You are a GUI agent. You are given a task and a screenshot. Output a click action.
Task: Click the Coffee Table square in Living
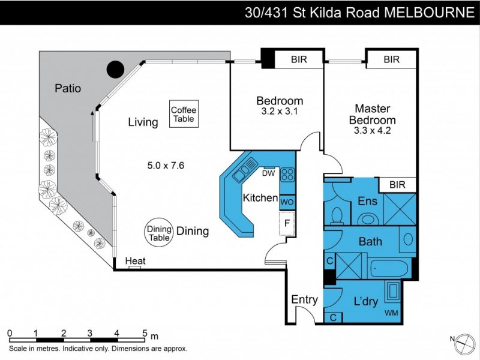point(184,114)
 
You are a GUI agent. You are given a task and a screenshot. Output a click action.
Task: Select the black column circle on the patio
point(115,70)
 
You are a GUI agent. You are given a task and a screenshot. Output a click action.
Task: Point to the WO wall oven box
point(287,202)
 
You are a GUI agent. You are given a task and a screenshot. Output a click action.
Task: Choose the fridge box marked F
point(287,224)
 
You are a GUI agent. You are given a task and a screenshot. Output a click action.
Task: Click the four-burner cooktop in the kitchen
point(287,175)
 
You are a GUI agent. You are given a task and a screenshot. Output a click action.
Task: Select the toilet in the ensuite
point(337,214)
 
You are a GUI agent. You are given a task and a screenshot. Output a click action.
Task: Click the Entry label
point(304,299)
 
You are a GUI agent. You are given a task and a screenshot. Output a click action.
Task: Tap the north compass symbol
point(462,343)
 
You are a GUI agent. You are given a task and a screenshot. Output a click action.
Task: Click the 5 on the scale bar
point(144,334)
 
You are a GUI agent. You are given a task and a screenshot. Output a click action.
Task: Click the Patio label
point(68,88)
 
